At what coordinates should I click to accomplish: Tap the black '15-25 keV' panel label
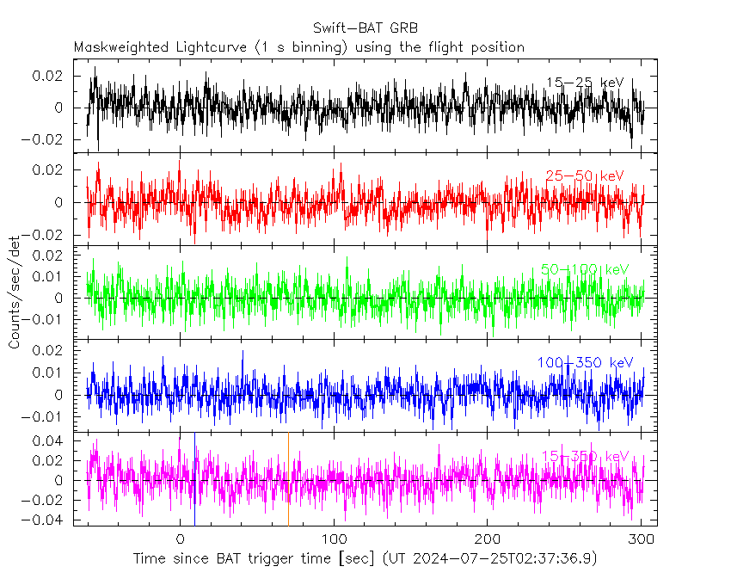[585, 83]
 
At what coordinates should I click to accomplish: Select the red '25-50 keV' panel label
[585, 176]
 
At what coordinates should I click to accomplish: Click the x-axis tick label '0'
[180, 539]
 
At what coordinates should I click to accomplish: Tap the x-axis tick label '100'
[333, 539]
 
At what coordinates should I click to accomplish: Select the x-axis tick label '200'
[487, 539]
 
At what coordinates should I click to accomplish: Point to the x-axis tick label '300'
[640, 539]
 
